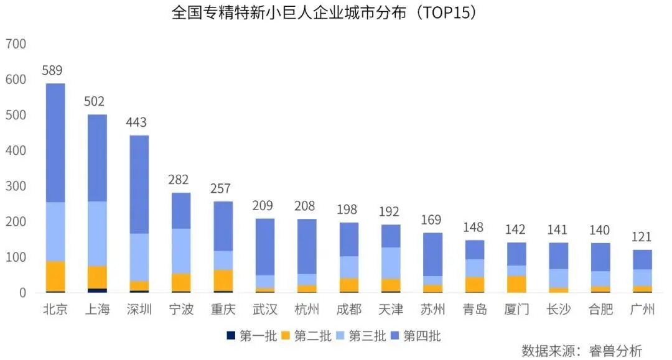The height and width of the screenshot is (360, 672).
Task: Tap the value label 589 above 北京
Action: (52, 70)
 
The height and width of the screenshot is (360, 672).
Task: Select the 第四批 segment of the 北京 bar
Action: (55, 143)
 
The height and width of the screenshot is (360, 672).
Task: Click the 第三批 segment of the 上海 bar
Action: (97, 233)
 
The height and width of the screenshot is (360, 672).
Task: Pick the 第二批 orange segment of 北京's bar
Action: (55, 275)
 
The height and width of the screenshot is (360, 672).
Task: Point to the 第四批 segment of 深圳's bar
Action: (139, 184)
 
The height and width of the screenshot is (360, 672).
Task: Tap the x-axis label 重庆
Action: (223, 309)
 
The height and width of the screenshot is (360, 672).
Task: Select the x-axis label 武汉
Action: (265, 309)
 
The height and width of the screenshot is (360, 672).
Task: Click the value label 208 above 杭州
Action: (305, 206)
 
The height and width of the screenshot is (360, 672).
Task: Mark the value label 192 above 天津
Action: (389, 211)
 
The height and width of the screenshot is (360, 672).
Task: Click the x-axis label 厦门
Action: (516, 309)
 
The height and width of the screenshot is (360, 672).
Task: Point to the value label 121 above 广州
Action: (642, 237)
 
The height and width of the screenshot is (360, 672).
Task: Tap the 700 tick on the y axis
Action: (16, 44)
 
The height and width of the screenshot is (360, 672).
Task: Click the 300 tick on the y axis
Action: (16, 187)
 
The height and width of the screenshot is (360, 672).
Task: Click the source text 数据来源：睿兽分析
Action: (581, 351)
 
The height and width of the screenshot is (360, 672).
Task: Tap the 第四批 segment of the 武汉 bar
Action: (265, 246)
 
